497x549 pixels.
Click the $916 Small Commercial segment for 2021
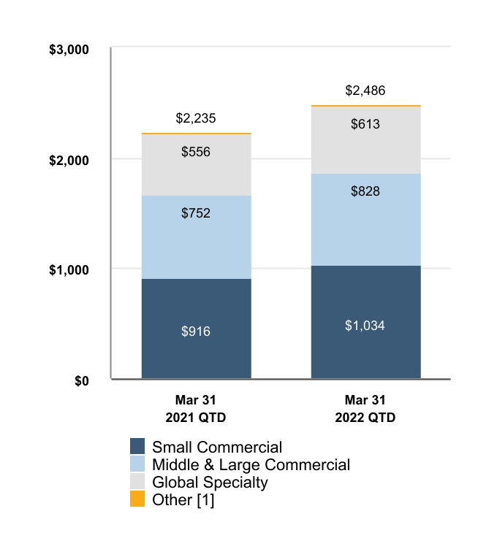196,329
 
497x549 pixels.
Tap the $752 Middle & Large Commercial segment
196,237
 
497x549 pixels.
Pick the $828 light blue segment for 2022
365,220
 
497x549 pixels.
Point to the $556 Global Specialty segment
196,165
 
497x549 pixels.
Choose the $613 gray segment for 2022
365,140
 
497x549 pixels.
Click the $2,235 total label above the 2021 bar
196,118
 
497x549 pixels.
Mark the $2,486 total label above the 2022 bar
365,91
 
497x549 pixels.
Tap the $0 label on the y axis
81,380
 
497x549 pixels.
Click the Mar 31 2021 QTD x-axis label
196,409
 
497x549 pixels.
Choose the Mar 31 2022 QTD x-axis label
365,409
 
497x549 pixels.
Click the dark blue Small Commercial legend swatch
138,447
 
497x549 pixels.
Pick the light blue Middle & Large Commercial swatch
138,464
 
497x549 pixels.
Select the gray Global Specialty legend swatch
138,482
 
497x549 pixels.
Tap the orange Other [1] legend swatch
138,499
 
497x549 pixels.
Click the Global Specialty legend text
210,482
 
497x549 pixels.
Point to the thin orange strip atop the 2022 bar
365,107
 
